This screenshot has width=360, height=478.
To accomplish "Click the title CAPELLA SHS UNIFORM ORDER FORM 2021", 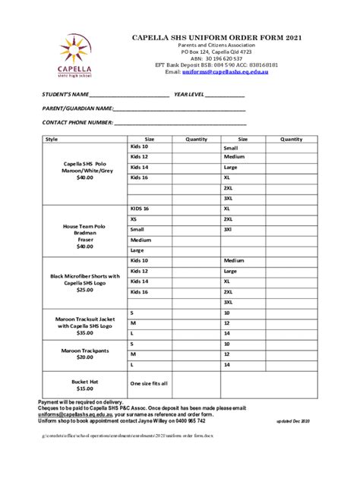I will coord(217,36).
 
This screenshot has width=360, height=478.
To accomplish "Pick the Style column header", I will coord(52,140).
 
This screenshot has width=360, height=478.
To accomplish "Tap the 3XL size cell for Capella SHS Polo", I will coord(228,197).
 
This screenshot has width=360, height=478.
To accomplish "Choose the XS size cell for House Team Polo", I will coord(134,219).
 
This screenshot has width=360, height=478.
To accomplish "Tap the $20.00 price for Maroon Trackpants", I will coord(84,357).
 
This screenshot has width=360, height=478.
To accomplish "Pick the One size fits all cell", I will coord(149,384).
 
